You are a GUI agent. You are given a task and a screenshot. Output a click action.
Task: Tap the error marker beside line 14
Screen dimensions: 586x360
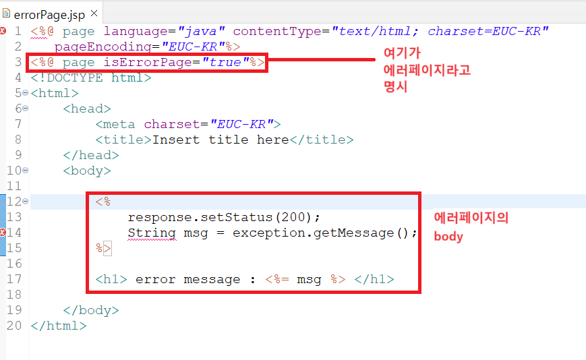point(3,232)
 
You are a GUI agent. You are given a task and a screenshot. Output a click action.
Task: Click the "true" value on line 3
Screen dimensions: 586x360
point(227,62)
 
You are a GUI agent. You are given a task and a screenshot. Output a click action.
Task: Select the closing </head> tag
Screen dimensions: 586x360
point(91,154)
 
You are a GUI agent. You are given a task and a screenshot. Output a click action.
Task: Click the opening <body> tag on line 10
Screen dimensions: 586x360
point(87,170)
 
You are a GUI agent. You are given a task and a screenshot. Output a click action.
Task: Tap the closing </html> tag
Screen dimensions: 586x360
point(59,325)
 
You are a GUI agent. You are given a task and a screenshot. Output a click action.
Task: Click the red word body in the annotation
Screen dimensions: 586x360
point(448,237)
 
